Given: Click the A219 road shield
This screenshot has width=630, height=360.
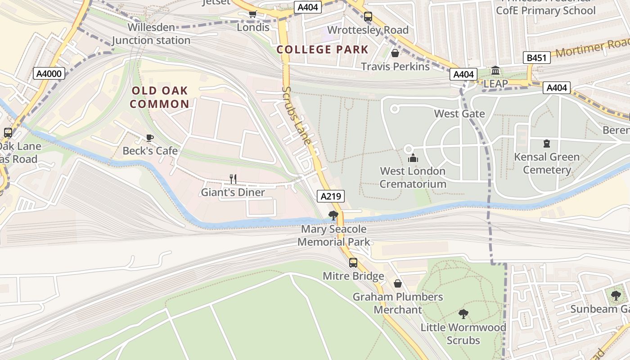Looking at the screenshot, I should [x=331, y=196].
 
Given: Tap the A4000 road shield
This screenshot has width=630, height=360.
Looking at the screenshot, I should [x=49, y=73].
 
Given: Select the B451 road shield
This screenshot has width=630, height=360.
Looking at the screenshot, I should [x=537, y=58].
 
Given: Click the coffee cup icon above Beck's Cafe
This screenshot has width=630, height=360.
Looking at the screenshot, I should [x=150, y=138].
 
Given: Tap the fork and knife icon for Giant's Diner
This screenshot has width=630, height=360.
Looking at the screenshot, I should [x=233, y=179].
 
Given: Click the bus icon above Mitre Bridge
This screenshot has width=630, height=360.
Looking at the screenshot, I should [x=353, y=262].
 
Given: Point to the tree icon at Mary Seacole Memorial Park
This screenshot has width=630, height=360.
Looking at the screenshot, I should [x=333, y=216].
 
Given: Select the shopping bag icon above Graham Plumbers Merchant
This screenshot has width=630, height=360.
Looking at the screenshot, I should [x=398, y=283].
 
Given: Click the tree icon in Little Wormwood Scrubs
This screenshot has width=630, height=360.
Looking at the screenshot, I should [x=463, y=314].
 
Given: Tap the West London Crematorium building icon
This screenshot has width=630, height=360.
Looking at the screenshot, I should [x=413, y=158].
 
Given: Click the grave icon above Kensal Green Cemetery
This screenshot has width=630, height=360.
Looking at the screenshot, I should [x=547, y=144].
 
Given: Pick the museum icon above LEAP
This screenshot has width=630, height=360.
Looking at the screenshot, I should [x=495, y=71].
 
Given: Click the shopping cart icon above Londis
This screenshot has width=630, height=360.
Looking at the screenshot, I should [x=253, y=14].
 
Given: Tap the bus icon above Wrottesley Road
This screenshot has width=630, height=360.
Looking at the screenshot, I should [x=368, y=17].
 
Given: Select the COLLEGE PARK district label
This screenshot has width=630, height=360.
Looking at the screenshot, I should [x=323, y=49].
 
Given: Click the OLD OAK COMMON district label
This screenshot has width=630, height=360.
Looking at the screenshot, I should [x=160, y=97].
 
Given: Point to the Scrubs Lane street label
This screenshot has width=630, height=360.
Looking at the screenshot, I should [x=297, y=115].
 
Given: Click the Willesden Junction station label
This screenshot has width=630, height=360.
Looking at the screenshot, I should [x=151, y=34].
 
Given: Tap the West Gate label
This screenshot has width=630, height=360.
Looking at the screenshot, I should [x=459, y=114].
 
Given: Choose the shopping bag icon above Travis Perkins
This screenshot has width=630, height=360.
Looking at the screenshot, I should [x=395, y=53].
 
